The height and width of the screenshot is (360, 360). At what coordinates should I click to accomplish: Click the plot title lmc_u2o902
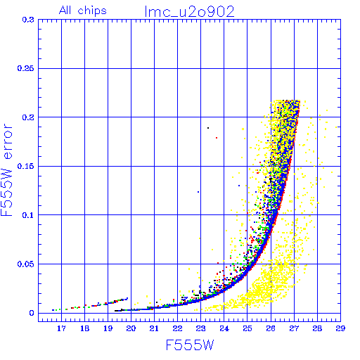point(190,12)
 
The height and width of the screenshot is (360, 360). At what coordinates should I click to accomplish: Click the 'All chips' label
point(83,11)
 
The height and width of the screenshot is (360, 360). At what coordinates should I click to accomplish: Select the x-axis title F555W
point(190,345)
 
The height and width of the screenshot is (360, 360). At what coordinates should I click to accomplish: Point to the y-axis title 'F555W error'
point(6,170)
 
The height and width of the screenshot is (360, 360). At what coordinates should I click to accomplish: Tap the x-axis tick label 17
point(61,328)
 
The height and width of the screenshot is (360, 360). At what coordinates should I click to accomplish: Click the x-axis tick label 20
point(131,328)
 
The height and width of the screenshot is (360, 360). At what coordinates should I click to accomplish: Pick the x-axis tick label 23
point(201,328)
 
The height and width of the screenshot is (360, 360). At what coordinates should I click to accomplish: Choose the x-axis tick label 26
point(271,328)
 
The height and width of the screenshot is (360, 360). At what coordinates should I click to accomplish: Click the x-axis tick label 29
point(340,328)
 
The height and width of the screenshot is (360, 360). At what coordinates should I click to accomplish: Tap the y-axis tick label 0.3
point(28,20)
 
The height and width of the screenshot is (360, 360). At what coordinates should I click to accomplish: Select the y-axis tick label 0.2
point(28,117)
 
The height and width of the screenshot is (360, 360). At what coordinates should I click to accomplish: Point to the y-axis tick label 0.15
point(26,166)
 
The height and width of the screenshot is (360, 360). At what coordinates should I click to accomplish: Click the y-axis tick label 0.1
point(28,215)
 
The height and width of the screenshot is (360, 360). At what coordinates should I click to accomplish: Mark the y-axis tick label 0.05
point(26,264)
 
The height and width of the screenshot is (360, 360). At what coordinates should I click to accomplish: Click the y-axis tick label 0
point(32,313)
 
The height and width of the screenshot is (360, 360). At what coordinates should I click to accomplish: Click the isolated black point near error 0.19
point(208,128)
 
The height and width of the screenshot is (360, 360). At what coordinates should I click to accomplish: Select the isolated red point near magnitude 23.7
point(217,138)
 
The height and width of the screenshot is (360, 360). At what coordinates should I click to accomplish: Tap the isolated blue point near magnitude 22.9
point(198,192)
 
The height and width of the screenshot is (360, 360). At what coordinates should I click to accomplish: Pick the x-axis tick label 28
point(317,328)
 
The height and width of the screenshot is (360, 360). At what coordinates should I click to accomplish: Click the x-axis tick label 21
point(154,328)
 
